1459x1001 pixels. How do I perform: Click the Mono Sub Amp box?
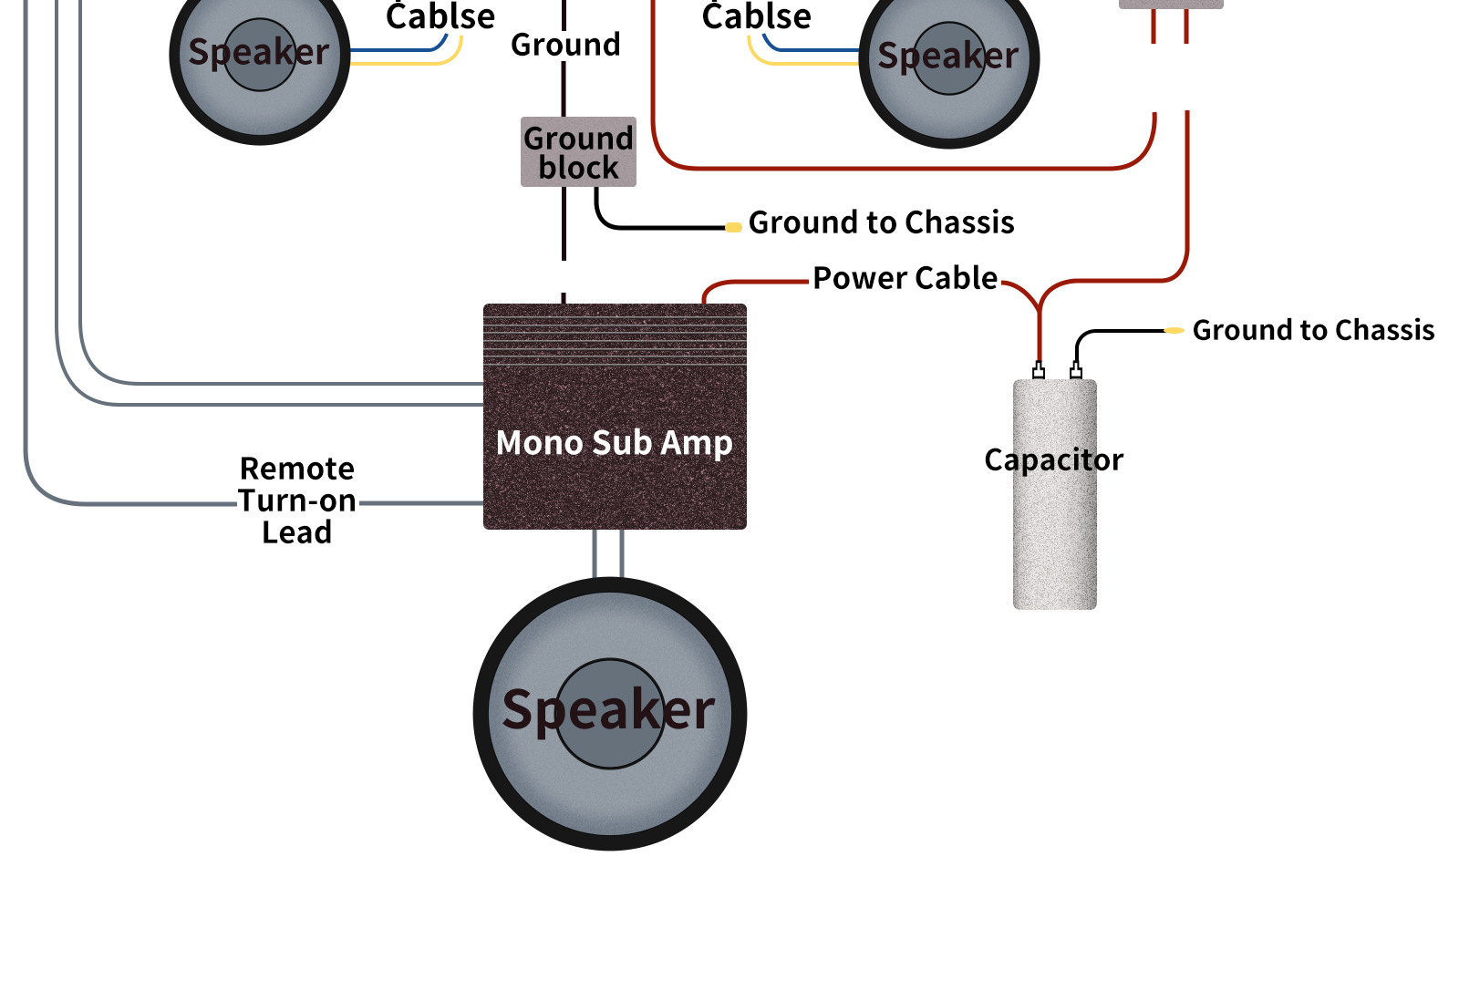tap(615, 483)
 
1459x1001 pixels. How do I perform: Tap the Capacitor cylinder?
tap(1054, 538)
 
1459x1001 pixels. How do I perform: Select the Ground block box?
tap(578, 152)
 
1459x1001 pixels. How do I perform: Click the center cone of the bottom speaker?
tap(609, 714)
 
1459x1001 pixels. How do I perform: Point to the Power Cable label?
tap(905, 278)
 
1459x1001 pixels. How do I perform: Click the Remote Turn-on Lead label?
tap(297, 500)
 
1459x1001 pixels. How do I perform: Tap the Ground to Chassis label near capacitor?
tap(1313, 330)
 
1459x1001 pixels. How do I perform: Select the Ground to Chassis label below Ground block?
tap(881, 222)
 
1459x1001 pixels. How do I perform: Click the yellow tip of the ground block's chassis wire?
tap(733, 227)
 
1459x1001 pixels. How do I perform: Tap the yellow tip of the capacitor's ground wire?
tap(1174, 330)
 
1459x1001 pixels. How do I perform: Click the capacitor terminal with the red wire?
tap(1039, 371)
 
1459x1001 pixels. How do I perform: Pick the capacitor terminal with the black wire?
tap(1076, 371)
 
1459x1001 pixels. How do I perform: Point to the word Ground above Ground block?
tap(565, 45)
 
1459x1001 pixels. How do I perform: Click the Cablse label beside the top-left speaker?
tap(440, 16)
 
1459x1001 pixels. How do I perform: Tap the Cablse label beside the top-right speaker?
tap(756, 16)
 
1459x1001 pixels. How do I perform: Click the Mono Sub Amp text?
tap(615, 443)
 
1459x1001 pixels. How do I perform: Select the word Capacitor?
tap(1053, 459)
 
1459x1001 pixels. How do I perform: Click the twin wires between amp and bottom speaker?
tap(608, 553)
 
